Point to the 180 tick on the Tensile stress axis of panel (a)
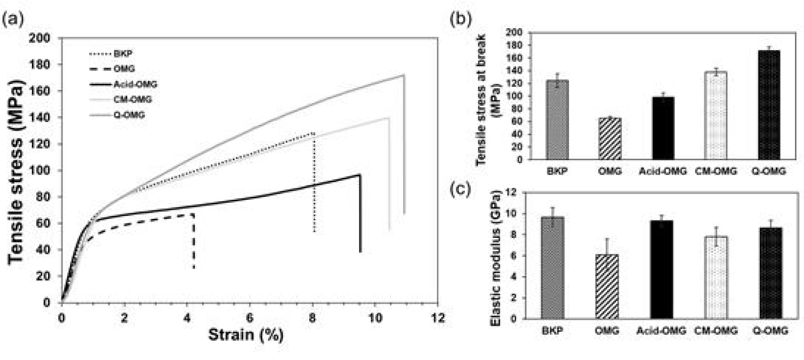(x=46, y=64)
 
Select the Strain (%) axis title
(x=246, y=335)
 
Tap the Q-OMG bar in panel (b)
(x=769, y=105)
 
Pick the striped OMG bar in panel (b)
(x=610, y=139)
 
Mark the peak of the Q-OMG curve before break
(x=404, y=75)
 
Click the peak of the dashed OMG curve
(x=193, y=215)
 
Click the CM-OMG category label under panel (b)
(x=715, y=171)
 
